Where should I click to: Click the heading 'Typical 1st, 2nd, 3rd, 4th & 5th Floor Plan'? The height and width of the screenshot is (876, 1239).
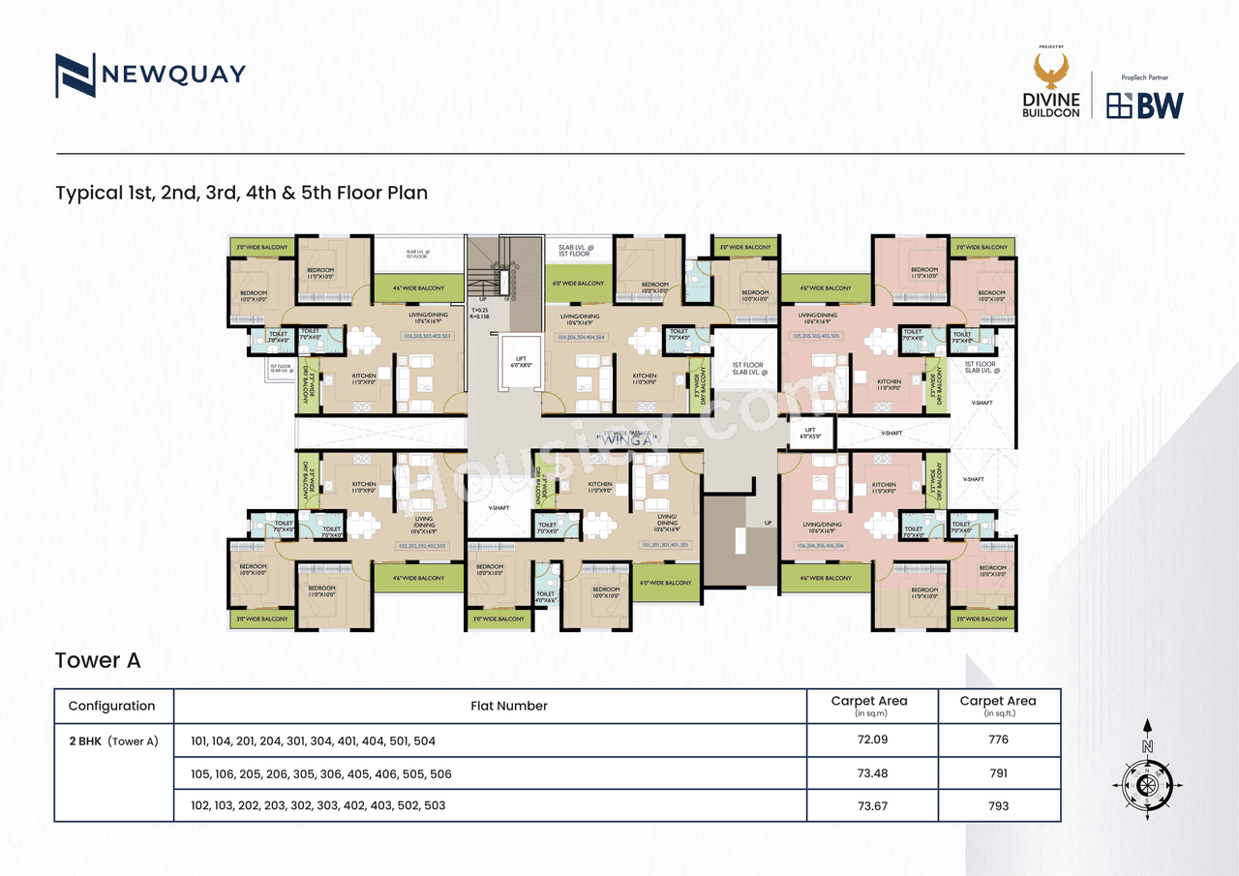[241, 193]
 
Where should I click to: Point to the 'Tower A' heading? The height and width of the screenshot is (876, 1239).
[98, 660]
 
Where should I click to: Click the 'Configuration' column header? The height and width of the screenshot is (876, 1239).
[112, 706]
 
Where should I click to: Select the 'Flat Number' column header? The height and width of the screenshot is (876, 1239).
[509, 706]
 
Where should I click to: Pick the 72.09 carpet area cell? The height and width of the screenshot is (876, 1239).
[872, 740]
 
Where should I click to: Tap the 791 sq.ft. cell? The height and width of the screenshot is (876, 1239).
[998, 773]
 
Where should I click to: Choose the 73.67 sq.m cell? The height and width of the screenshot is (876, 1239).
[872, 805]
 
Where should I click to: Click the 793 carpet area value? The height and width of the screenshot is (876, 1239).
[998, 805]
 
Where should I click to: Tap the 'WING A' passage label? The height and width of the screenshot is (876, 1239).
[627, 440]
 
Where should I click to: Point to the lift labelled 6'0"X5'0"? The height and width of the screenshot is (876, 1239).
[810, 433]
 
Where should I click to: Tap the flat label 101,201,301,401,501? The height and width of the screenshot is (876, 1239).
[664, 545]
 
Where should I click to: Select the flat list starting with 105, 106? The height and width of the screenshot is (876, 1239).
[321, 773]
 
